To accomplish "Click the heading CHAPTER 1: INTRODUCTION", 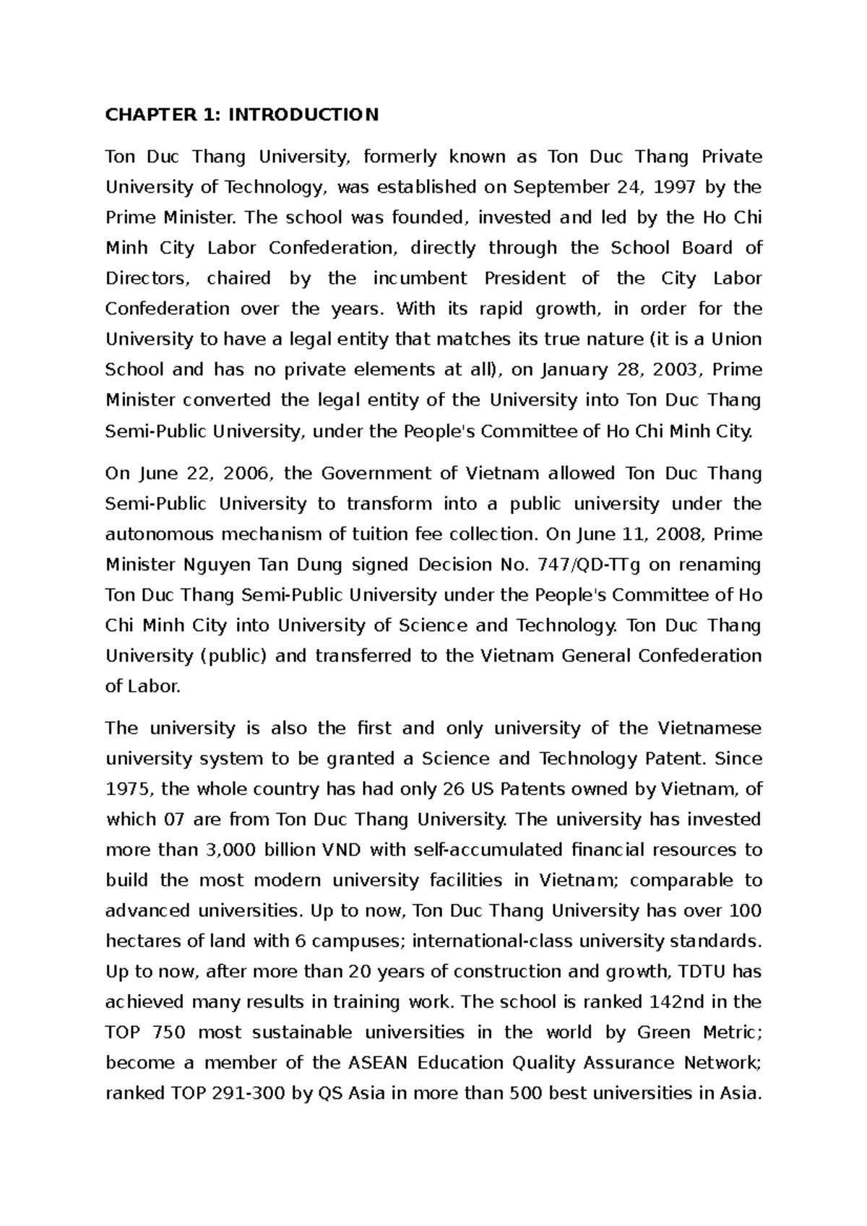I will [x=241, y=115].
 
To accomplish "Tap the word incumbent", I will [x=420, y=278].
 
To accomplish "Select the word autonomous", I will [x=160, y=534].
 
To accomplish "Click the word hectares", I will [x=140, y=942].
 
